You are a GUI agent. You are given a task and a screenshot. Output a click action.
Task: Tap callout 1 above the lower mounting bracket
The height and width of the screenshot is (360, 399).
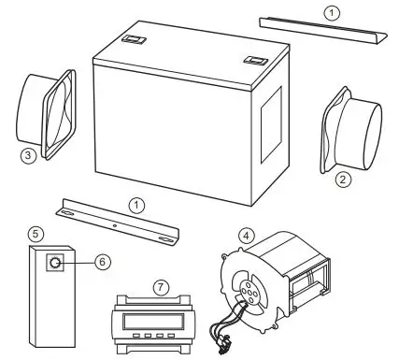coord(136,203)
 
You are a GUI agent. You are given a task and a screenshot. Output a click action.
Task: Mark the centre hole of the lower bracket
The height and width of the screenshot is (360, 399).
coord(114,224)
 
